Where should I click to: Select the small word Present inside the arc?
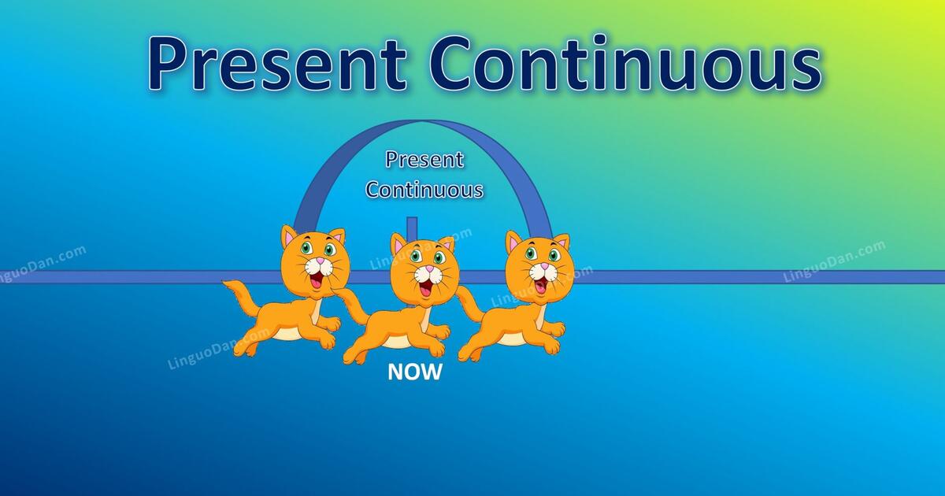(424, 160)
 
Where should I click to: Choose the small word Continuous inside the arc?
(424, 190)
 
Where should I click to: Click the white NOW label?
(415, 372)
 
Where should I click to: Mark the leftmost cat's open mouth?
(318, 279)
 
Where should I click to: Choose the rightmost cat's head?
(538, 260)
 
